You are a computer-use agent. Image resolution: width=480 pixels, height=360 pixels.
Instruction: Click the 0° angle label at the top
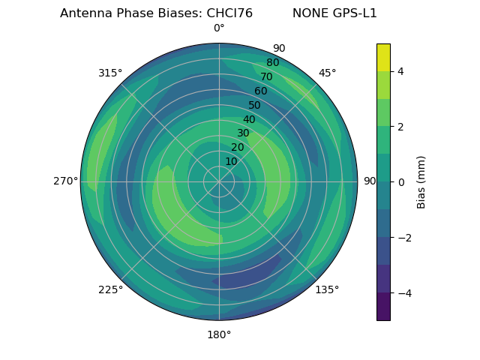(219, 28)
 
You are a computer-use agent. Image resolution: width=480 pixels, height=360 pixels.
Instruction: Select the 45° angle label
(327, 73)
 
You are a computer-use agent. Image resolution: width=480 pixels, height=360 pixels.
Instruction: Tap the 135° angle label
(327, 289)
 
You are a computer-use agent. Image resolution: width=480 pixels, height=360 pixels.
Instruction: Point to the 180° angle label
(219, 334)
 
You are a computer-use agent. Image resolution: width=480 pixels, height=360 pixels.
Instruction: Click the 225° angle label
(110, 289)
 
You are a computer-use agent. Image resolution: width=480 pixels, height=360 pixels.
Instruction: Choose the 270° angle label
(65, 181)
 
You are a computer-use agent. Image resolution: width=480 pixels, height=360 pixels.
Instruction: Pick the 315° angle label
(110, 73)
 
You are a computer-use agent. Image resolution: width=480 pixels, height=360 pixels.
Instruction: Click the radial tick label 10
(231, 162)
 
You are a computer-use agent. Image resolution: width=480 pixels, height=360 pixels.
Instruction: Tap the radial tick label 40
(249, 119)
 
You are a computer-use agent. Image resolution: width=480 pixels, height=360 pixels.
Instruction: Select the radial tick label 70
(267, 76)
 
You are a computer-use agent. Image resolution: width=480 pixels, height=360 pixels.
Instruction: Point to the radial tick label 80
(273, 62)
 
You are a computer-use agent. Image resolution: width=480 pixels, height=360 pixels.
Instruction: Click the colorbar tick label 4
(400, 71)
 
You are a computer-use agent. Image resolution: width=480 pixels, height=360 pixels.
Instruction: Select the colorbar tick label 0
(400, 181)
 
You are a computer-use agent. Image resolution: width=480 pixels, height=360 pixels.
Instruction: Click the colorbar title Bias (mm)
(421, 181)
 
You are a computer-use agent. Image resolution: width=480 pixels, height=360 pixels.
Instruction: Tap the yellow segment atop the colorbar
(383, 57)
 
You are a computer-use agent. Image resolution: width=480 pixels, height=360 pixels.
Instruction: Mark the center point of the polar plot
(219, 181)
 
